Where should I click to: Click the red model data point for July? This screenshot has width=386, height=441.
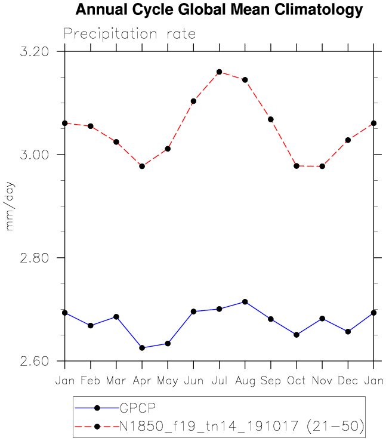click(x=219, y=72)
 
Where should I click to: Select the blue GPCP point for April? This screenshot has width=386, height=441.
click(x=142, y=347)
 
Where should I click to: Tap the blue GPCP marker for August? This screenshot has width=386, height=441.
click(x=245, y=302)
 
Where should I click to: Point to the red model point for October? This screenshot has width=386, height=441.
click(x=297, y=166)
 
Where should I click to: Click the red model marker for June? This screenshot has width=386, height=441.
click(x=193, y=101)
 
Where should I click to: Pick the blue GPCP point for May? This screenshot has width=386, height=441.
click(x=168, y=343)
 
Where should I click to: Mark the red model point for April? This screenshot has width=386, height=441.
click(x=142, y=166)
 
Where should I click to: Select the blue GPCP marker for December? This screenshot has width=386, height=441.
click(x=348, y=331)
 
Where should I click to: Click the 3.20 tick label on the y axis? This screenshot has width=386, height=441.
click(x=34, y=51)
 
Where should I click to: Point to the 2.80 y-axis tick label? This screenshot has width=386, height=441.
click(x=34, y=258)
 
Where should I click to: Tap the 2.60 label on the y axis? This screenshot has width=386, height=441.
click(x=34, y=361)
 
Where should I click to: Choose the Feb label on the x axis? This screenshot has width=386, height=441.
click(x=90, y=380)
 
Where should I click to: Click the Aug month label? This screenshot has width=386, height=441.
click(x=245, y=380)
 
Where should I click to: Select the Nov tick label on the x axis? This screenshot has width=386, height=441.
click(x=322, y=380)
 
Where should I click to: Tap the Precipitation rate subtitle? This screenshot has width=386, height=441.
click(x=129, y=33)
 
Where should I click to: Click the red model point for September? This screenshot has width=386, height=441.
click(x=270, y=119)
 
